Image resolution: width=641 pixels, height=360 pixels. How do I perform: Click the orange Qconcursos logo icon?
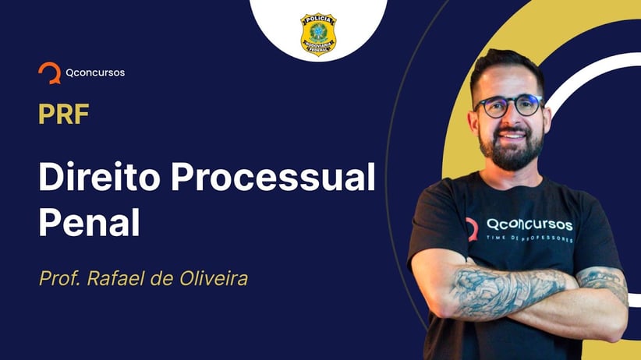click(49, 72)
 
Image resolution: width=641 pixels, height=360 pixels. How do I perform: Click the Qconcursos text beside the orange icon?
click(95, 72)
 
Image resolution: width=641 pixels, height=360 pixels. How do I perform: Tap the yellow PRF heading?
click(64, 114)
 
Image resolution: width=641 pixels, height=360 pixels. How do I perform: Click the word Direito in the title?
click(99, 177)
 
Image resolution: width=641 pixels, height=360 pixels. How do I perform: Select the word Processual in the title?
click(273, 177)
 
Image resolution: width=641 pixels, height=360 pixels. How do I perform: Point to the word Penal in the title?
click(89, 222)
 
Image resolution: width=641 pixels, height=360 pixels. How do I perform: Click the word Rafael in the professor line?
click(116, 279)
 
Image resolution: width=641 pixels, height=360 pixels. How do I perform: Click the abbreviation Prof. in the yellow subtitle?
click(60, 279)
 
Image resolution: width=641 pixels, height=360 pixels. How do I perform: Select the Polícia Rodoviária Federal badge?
click(318, 35)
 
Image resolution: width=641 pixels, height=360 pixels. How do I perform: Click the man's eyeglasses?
click(508, 105)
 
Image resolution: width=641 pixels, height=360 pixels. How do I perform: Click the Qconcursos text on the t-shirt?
click(529, 224)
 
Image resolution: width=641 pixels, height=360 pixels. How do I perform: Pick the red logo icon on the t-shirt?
click(472, 229)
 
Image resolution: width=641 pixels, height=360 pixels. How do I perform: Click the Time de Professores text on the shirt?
click(529, 238)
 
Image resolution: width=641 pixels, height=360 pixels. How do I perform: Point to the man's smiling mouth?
click(512, 136)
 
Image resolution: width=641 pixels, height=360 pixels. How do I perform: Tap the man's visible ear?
click(473, 122)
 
